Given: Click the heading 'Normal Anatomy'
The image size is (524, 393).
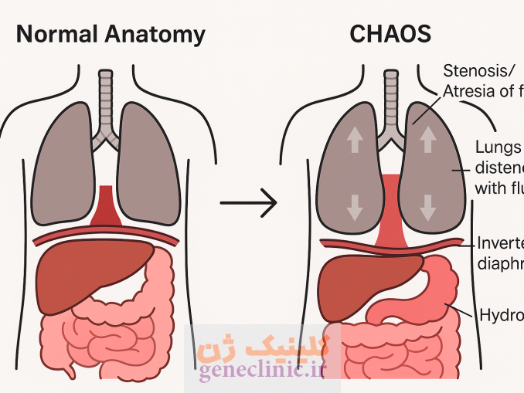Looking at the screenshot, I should tap(111, 34).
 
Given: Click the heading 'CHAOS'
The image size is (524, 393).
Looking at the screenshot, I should tap(390, 34).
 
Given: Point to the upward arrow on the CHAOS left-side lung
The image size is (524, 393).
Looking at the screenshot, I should tap(355, 139).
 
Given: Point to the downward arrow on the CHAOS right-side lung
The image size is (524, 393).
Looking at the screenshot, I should tap(427, 208).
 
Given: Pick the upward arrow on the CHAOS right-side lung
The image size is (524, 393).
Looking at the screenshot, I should tap(427, 139).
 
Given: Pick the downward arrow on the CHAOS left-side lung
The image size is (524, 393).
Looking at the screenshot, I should tap(355, 208).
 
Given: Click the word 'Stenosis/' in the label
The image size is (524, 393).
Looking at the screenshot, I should tap(476, 70).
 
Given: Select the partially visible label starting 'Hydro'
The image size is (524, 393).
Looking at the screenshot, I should tap(502, 315).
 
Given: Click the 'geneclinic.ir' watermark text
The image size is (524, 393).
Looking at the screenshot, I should tap(263, 373).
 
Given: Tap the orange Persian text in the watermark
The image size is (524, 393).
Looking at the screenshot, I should tap(264, 348).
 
